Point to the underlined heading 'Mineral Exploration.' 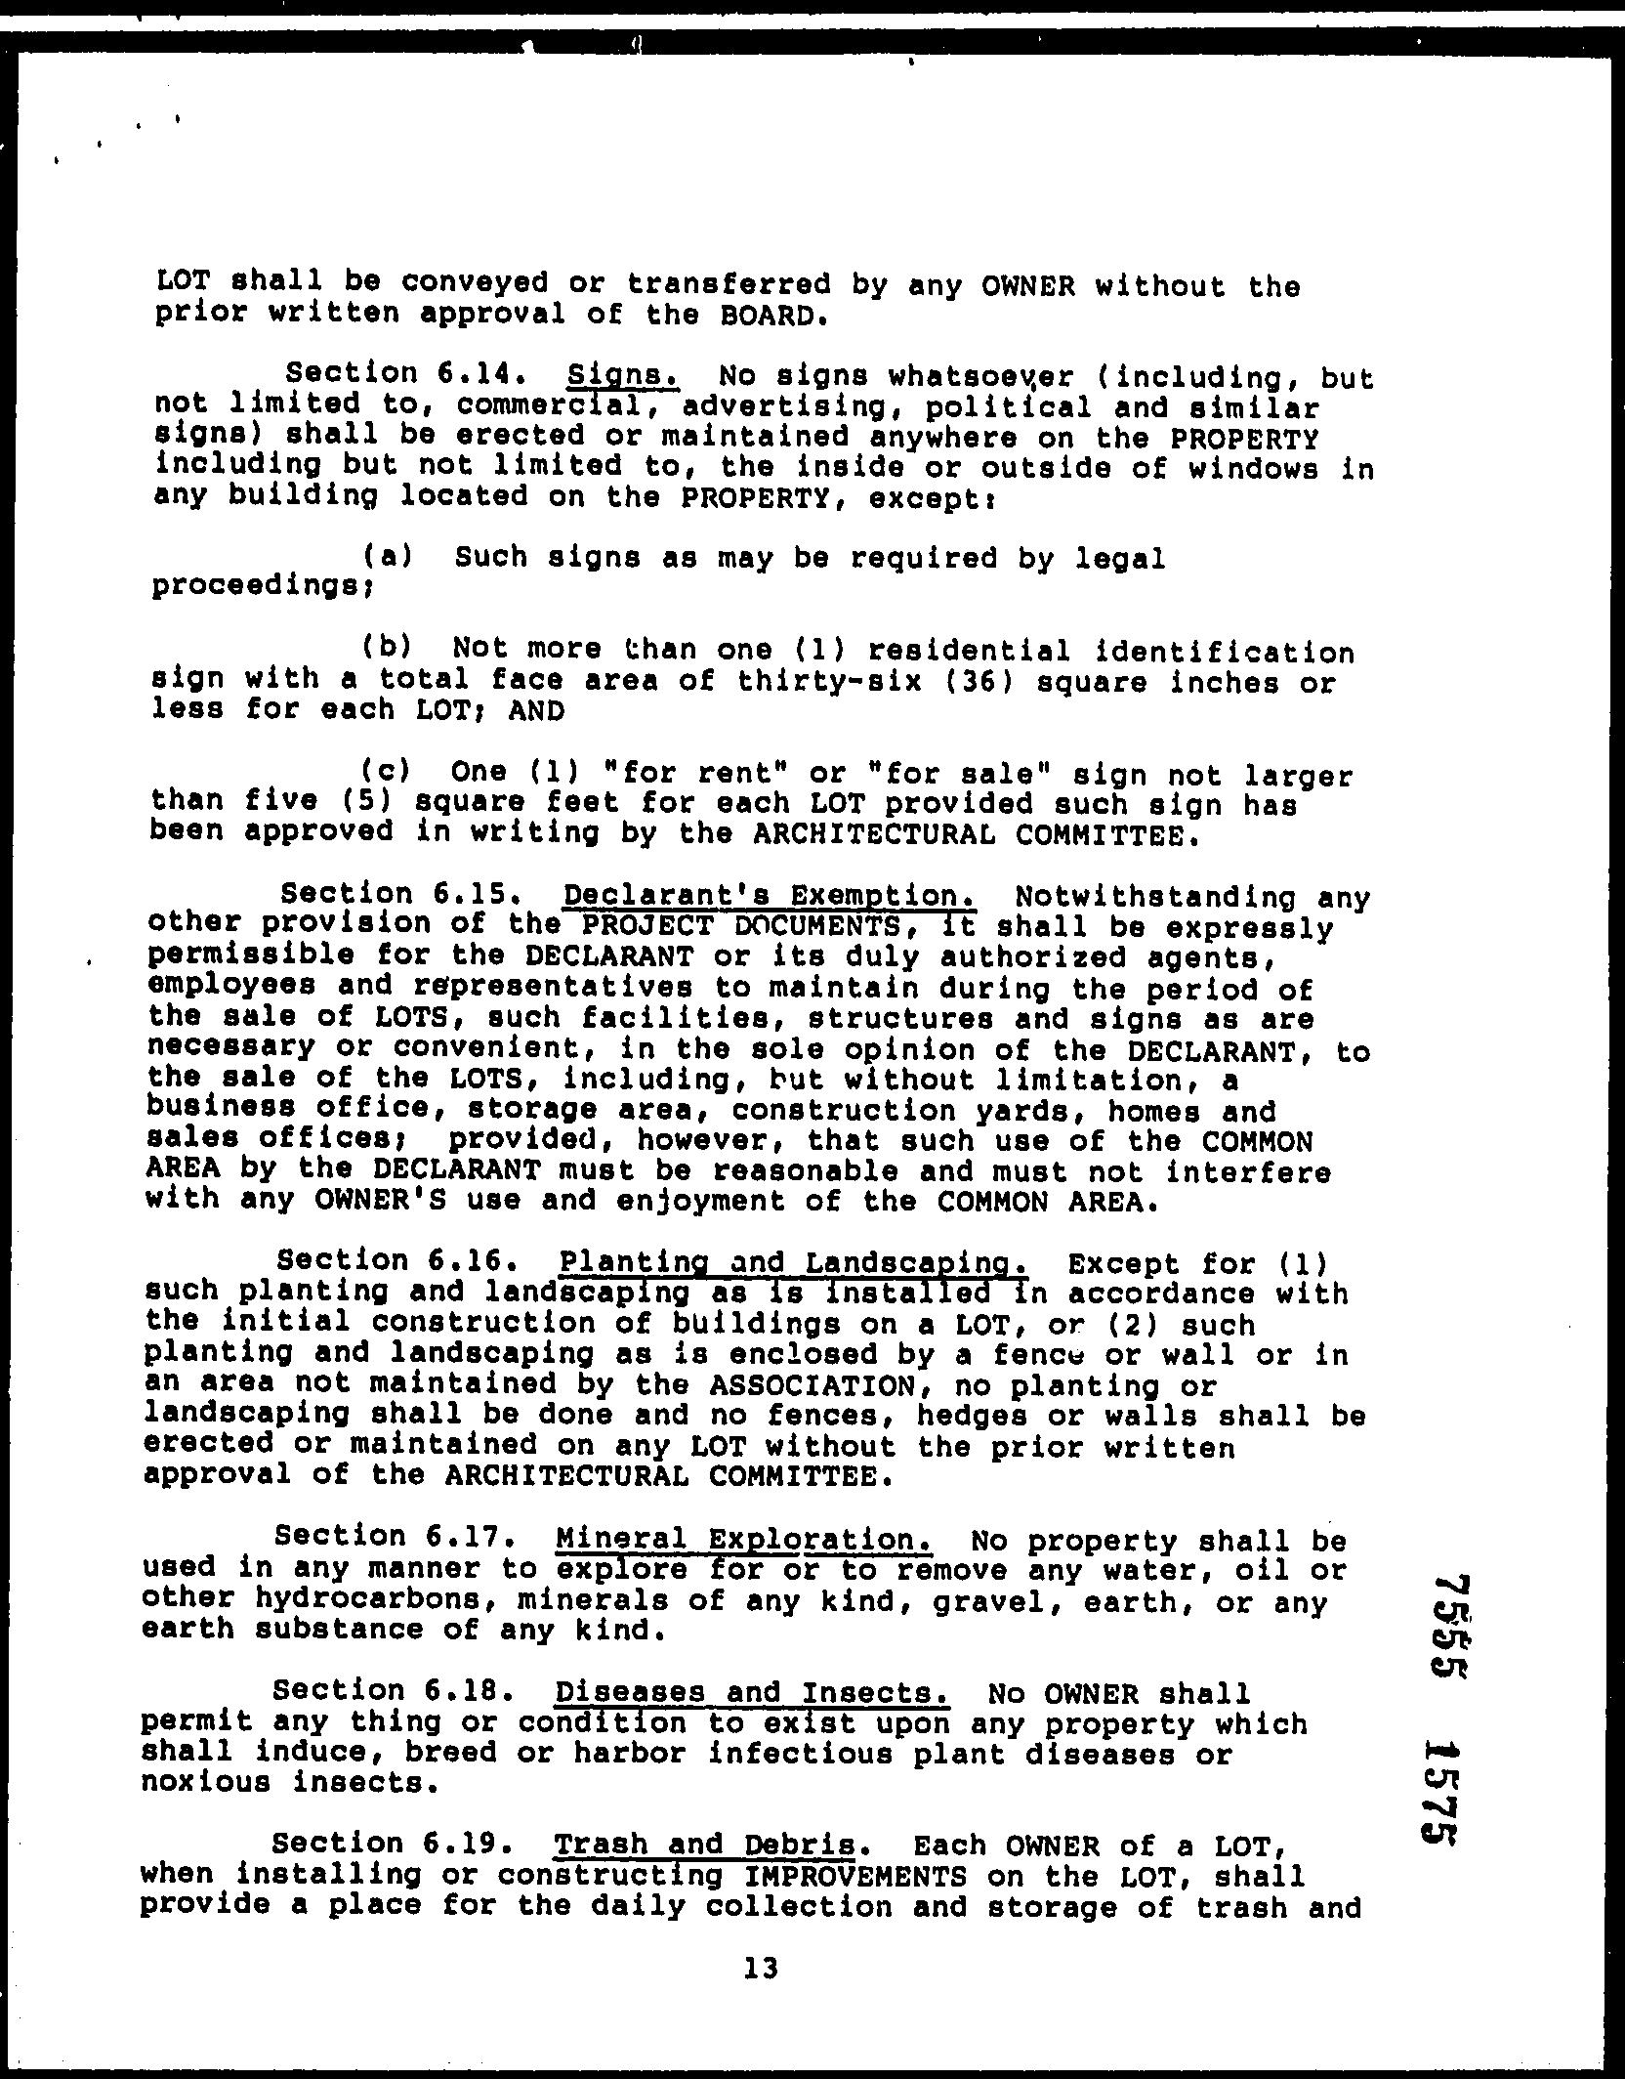tap(743, 1539)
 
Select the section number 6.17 tap(472, 1537)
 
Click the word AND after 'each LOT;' tap(536, 710)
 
